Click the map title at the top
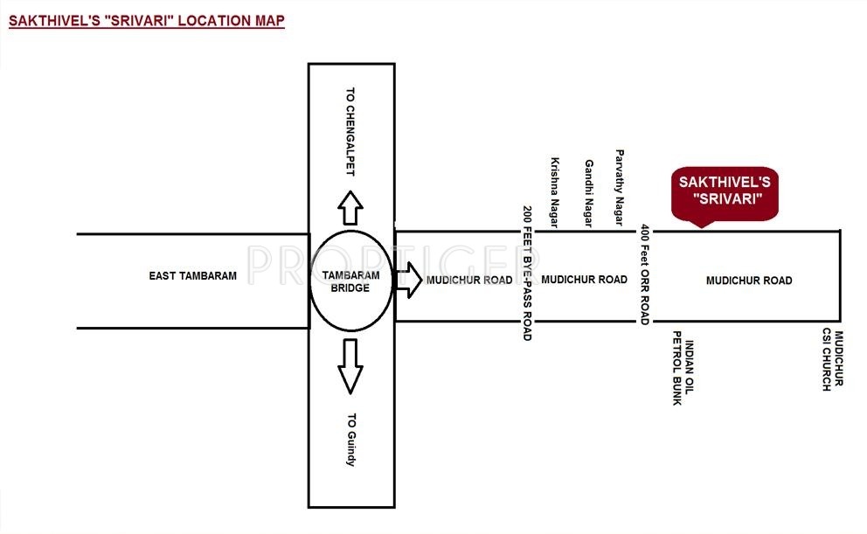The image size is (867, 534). tap(147, 21)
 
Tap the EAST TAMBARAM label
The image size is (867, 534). tap(193, 276)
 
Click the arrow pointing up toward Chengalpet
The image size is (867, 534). tap(350, 209)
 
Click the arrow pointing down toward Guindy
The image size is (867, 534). tap(350, 364)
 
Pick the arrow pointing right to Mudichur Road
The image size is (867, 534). tap(408, 281)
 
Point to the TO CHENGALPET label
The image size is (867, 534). tap(350, 132)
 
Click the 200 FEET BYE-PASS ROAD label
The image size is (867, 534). tap(527, 273)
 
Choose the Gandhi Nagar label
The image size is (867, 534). tap(589, 194)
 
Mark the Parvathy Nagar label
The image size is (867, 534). tap(621, 186)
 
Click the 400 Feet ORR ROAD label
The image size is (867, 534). tap(645, 274)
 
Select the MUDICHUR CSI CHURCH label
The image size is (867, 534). tap(832, 361)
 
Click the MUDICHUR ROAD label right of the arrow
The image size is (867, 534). tap(469, 281)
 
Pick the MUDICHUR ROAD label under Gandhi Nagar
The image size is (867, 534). tap(585, 280)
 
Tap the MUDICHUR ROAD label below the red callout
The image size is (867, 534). tap(749, 281)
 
